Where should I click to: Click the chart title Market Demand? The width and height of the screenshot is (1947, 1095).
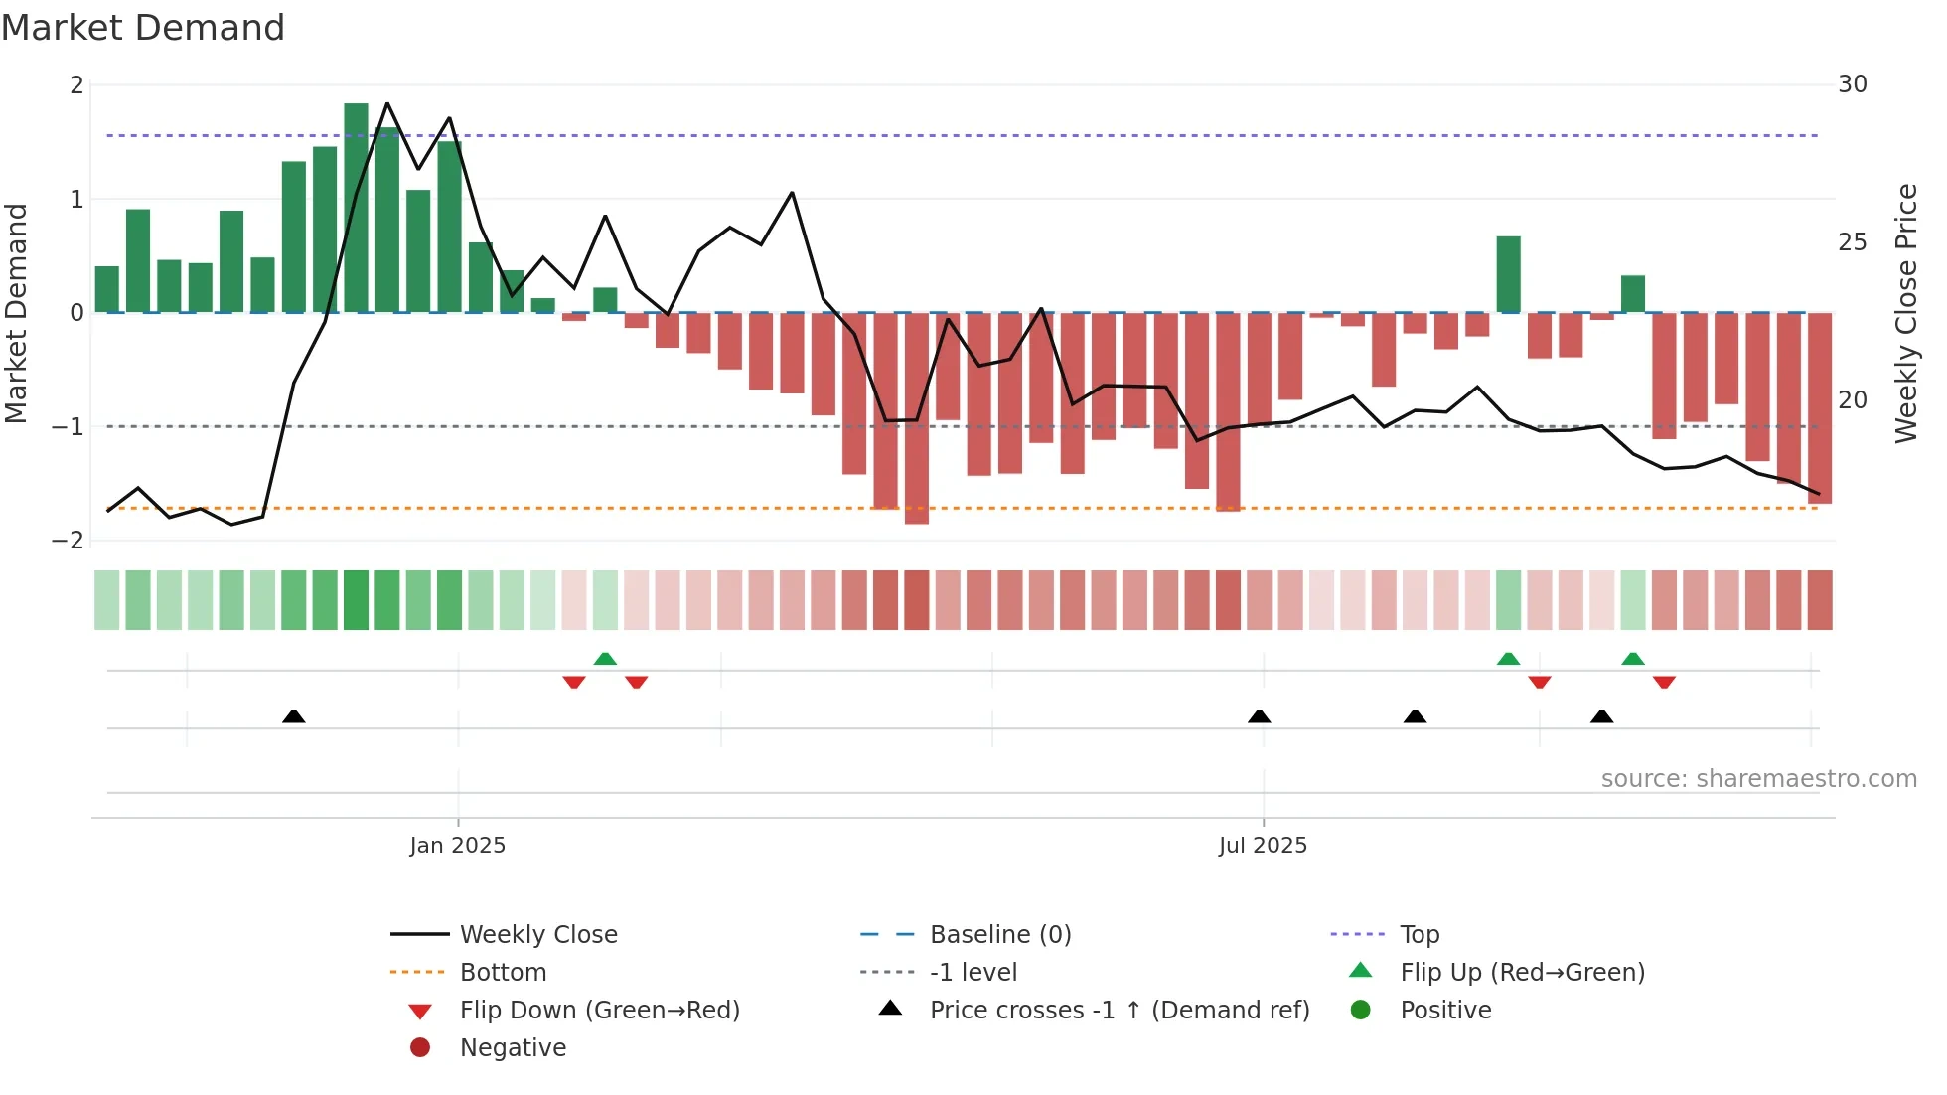(143, 28)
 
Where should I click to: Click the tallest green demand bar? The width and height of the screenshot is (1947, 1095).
(356, 208)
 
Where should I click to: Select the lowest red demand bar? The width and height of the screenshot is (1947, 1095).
(916, 418)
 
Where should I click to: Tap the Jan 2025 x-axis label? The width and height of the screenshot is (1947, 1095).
(457, 846)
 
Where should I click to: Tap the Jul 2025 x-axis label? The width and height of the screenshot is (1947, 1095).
(1263, 846)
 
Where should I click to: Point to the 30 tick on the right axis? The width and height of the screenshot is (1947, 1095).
(1852, 84)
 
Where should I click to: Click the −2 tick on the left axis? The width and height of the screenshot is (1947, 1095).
(69, 541)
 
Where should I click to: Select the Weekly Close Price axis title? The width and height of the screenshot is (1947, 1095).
(1905, 313)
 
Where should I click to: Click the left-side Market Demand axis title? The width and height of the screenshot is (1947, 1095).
(17, 313)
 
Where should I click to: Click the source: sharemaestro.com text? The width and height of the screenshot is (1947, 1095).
(1758, 779)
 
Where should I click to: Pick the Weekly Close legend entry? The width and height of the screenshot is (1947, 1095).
(537, 935)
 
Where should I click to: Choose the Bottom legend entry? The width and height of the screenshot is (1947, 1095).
(503, 973)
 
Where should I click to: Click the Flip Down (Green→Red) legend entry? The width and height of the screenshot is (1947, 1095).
(599, 1011)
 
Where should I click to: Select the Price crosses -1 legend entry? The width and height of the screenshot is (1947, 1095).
(1119, 1011)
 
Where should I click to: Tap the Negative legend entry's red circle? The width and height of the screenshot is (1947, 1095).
(420, 1048)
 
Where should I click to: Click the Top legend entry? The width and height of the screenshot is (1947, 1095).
(1419, 935)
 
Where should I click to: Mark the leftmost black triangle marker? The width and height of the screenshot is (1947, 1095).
(293, 716)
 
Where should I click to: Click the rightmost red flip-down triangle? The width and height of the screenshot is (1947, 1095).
(1664, 682)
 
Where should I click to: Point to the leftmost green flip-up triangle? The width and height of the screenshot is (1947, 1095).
(605, 659)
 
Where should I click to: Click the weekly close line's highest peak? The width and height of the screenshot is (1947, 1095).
(386, 103)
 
